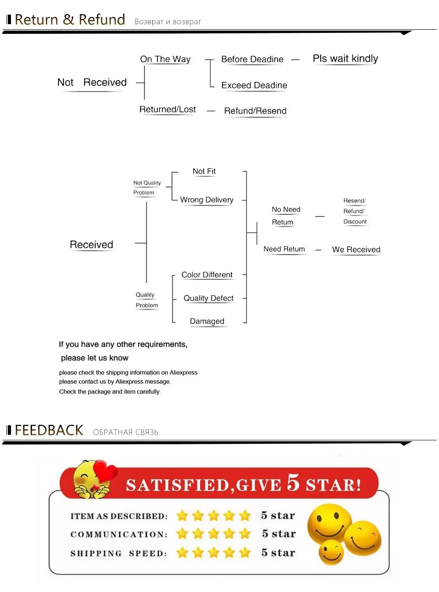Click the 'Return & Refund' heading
(70, 20)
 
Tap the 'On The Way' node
(165, 59)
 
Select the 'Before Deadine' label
(252, 59)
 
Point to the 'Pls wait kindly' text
(345, 58)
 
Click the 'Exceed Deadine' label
(254, 85)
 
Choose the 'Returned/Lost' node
(167, 110)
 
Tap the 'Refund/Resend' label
(255, 111)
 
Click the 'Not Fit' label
(204, 171)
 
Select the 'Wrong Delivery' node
(207, 200)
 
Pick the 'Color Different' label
(207, 275)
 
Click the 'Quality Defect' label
(209, 298)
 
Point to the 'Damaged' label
(207, 321)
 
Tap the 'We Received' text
(356, 249)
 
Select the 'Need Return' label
(284, 249)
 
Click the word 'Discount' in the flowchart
(355, 222)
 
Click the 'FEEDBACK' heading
(49, 430)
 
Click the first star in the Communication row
(182, 534)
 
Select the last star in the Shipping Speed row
(245, 553)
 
